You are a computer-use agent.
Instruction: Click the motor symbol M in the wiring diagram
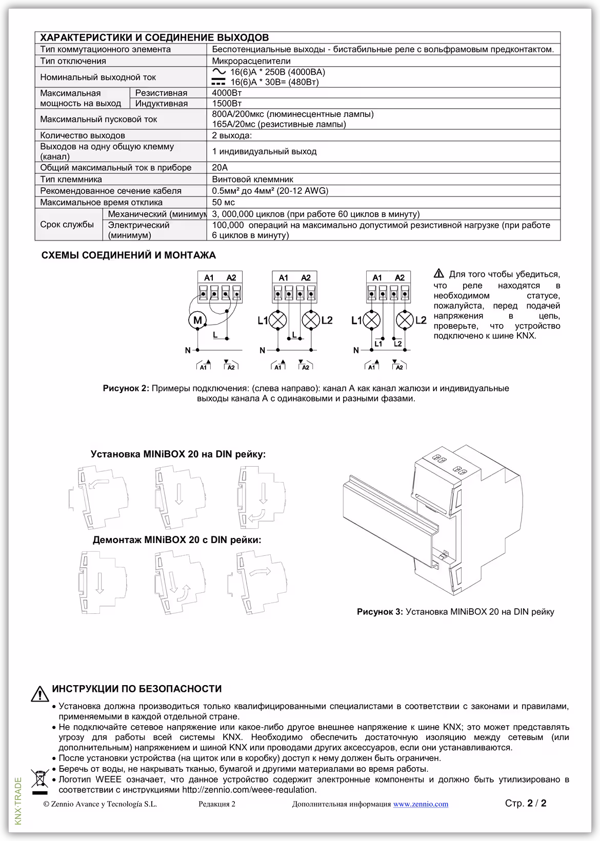click(197, 321)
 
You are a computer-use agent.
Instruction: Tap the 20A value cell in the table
click(220, 168)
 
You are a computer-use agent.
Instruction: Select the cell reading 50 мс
click(224, 203)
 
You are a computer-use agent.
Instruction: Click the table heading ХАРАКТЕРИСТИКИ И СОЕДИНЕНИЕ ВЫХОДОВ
click(154, 37)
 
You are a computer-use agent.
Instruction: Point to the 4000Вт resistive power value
click(226, 93)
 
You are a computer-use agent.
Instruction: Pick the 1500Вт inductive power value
click(226, 104)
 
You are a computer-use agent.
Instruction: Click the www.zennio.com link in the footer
click(421, 804)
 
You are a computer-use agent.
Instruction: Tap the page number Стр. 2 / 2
click(526, 804)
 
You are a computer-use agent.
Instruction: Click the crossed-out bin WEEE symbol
click(39, 779)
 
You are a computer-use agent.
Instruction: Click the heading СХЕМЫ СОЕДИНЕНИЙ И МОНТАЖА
click(129, 255)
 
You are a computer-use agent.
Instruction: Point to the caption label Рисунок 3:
click(380, 612)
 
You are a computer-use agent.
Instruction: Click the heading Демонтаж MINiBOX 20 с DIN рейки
click(177, 540)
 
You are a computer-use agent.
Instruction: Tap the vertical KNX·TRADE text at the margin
click(18, 801)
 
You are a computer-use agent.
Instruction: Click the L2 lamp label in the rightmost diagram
click(421, 321)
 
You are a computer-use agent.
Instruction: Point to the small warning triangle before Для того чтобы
click(439, 273)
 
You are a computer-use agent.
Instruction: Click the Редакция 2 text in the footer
click(217, 804)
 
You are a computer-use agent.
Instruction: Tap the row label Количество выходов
click(83, 135)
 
